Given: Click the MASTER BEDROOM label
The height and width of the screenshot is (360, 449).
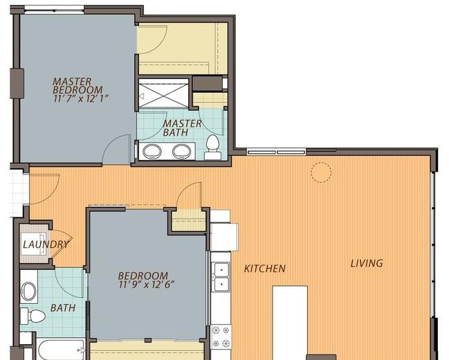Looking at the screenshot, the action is [77, 86].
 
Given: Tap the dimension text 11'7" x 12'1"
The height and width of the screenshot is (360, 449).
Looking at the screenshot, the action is [81, 99].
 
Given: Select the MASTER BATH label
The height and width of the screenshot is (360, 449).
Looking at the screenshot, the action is [182, 128].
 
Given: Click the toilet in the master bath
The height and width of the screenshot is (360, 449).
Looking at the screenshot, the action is [212, 147].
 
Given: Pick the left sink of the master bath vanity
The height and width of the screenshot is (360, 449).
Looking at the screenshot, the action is [152, 151].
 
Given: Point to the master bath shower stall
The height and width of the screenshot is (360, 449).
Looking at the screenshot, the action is [163, 93].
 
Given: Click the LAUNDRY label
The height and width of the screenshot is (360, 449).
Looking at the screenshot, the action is [46, 244].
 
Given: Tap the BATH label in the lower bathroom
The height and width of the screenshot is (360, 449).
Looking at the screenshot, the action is [63, 308].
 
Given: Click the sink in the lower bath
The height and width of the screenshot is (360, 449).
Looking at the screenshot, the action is [28, 291].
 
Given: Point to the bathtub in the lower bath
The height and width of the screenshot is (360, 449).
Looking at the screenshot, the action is [62, 350].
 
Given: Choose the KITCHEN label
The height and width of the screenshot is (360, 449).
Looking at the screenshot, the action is [264, 269].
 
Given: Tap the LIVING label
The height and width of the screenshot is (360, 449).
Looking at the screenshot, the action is [367, 263].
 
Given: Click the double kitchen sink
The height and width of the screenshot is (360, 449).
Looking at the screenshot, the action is [221, 277].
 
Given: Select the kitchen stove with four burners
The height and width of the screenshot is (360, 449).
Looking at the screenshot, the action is [221, 337].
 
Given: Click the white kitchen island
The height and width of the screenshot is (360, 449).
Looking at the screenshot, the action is [290, 323].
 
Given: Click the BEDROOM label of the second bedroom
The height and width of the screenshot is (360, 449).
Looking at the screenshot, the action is [143, 276].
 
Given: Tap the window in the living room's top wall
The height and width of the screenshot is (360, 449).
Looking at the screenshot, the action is [276, 152].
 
